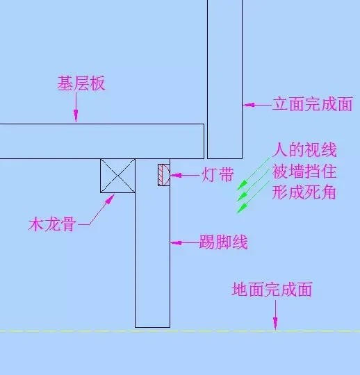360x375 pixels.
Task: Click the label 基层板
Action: tap(81, 83)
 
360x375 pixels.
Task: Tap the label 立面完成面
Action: tap(313, 104)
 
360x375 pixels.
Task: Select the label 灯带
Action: tap(218, 174)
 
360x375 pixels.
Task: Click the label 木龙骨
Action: tap(52, 224)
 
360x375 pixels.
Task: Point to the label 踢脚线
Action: tap(224, 242)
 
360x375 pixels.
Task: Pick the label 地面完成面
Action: tap(272, 289)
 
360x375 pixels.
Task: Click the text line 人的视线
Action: tap(304, 150)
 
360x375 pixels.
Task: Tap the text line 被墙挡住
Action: tap(304, 172)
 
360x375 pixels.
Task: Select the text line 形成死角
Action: tap(304, 192)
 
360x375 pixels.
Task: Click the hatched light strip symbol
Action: tap(164, 175)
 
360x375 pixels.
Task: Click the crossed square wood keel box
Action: tap(117, 176)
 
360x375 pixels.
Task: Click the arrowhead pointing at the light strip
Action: tap(176, 175)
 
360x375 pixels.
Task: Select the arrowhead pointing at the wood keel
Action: tap(110, 199)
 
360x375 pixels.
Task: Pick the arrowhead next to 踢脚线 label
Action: tap(176, 243)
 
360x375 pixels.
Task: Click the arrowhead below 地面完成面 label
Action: tap(275, 324)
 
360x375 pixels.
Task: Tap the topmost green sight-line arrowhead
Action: tap(242, 185)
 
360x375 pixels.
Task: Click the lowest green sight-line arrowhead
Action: tap(242, 208)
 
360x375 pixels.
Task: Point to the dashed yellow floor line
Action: tap(180, 331)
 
